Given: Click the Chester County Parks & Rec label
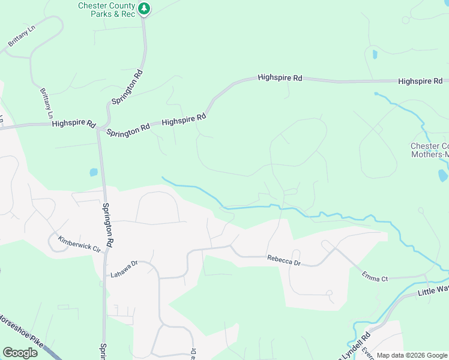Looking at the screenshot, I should [106, 10].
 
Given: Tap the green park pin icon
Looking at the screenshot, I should [144, 8].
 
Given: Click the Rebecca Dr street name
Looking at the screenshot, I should [283, 260].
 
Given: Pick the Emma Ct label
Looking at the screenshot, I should [375, 276].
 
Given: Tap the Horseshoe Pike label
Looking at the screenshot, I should [21, 329].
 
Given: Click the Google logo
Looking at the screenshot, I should [20, 352].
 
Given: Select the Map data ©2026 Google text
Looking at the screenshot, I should [411, 355].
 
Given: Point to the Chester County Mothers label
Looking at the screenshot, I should [429, 150].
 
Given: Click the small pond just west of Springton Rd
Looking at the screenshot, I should [94, 172].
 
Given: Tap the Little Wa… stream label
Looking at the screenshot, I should [433, 291].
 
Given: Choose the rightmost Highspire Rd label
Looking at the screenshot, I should [420, 81].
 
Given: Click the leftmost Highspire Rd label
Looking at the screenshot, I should [74, 124].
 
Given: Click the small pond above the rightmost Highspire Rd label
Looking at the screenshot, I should [375, 55].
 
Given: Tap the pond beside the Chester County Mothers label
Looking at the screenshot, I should [443, 175].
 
